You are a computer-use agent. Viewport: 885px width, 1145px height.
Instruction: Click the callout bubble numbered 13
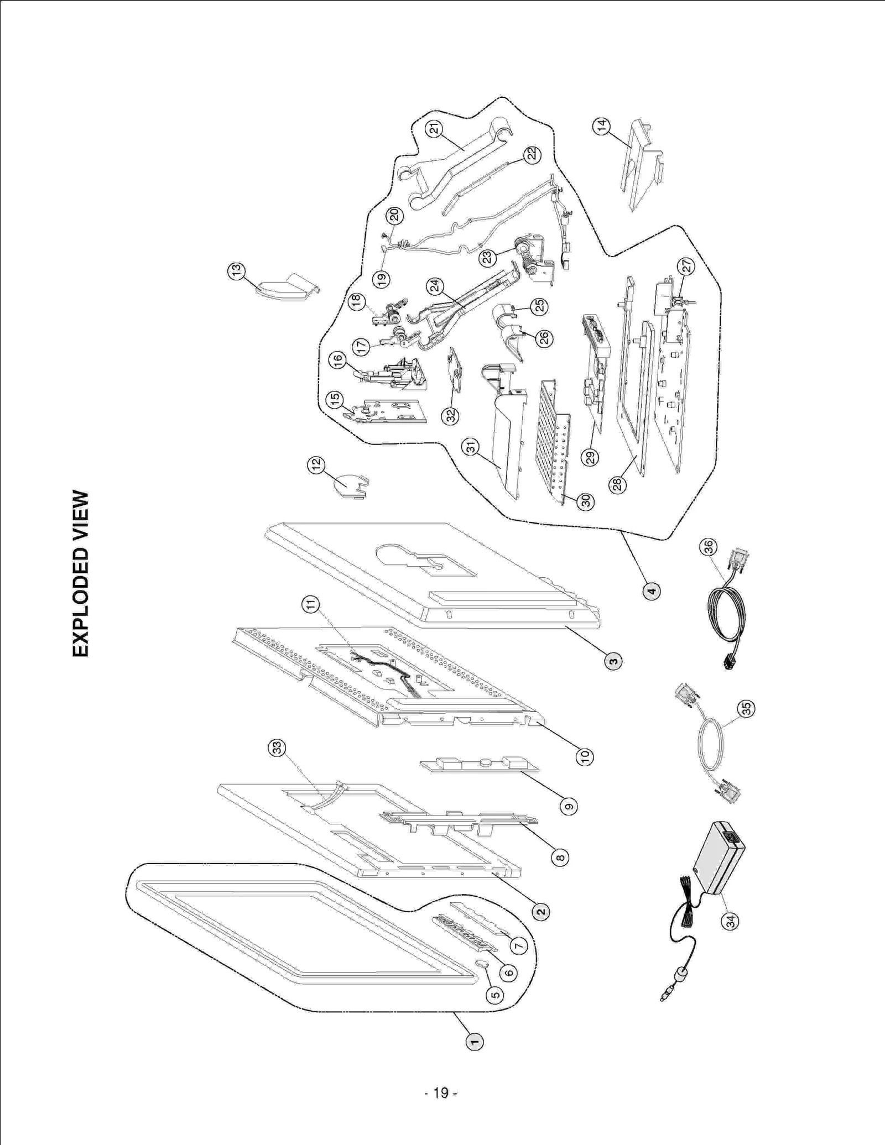(x=236, y=271)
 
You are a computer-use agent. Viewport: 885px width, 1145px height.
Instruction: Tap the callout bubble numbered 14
(x=602, y=126)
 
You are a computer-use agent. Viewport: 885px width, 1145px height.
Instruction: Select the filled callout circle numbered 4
(x=652, y=591)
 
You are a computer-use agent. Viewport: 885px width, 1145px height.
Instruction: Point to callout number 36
(x=708, y=547)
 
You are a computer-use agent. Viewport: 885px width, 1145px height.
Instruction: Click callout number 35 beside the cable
(x=747, y=708)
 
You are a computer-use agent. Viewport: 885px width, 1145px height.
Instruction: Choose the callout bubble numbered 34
(x=731, y=921)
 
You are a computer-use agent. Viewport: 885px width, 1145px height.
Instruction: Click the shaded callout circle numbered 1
(x=475, y=1042)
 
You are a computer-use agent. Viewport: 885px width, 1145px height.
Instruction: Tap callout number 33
(x=277, y=749)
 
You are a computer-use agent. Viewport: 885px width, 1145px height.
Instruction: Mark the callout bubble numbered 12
(x=316, y=465)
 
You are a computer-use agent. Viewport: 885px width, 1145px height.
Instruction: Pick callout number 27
(x=687, y=266)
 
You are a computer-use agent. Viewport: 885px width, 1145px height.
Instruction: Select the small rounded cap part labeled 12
(x=347, y=485)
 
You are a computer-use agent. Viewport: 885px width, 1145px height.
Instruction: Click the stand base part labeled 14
(x=639, y=166)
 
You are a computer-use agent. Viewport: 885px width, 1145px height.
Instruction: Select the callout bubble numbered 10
(x=584, y=755)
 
